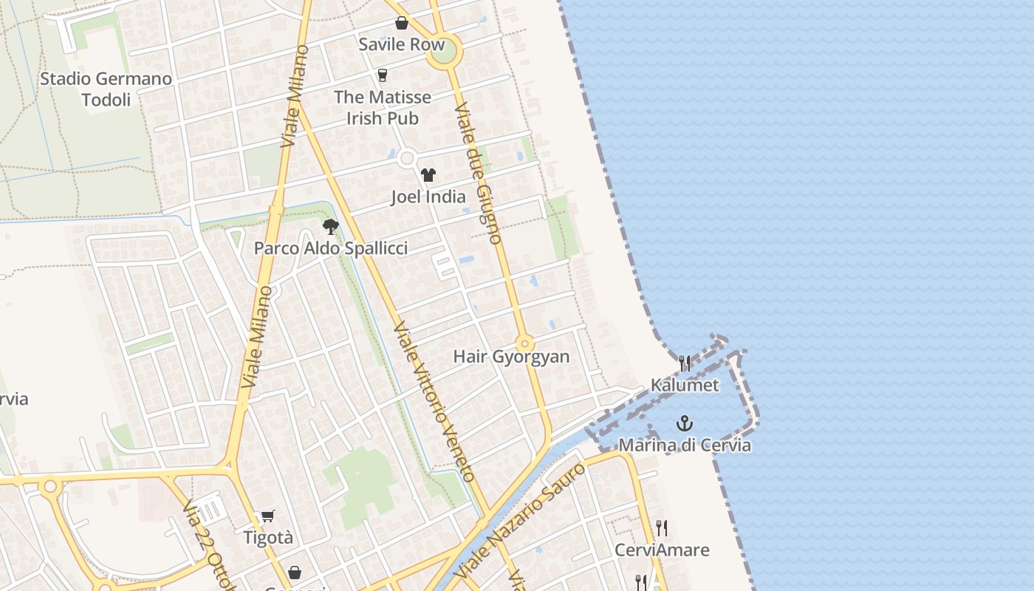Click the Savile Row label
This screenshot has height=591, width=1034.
[401, 44]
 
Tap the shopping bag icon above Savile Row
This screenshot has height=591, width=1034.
[401, 23]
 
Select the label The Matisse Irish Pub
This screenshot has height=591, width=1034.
[382, 107]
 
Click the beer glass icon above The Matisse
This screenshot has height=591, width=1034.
[382, 75]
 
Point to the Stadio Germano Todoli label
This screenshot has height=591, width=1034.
[106, 89]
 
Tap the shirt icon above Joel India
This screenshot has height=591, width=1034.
[428, 175]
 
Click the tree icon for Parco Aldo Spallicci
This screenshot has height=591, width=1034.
[330, 227]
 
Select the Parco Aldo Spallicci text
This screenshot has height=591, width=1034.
[330, 248]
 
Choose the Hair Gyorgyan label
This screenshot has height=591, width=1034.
[511, 357]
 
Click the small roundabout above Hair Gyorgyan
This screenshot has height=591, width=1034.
[524, 344]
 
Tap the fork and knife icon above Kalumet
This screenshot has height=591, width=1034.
[685, 363]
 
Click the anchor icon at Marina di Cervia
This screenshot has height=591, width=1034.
[685, 424]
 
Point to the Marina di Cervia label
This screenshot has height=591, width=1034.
[685, 445]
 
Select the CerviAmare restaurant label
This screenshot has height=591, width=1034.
[662, 550]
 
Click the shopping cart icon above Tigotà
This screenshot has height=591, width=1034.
[268, 516]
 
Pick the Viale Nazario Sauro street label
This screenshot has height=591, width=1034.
[521, 522]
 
